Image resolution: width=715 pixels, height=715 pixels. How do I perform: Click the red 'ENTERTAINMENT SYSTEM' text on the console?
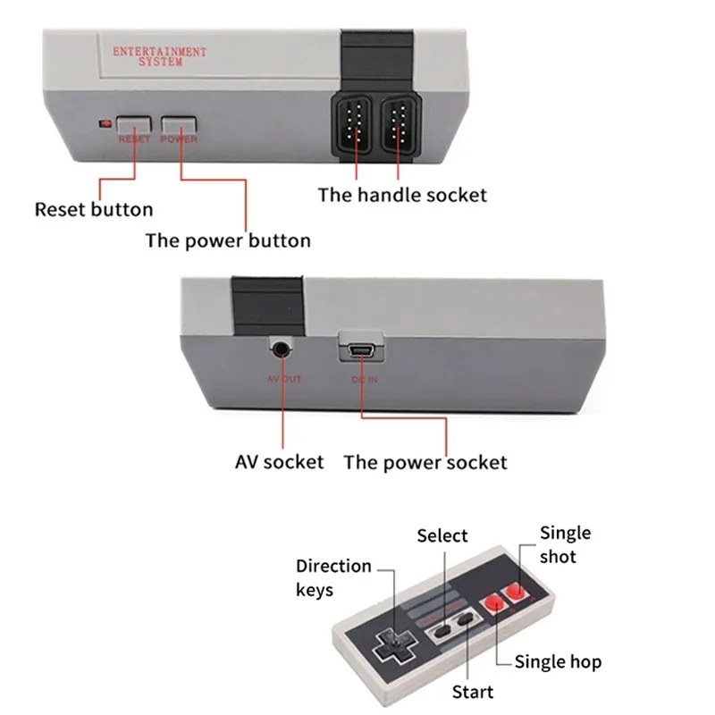160,56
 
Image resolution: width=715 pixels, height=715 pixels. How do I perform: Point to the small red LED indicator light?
106,123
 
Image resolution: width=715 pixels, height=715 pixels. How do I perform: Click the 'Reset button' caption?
94,210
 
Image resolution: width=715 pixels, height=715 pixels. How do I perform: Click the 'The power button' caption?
228,240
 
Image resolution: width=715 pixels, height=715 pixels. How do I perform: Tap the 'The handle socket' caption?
402,194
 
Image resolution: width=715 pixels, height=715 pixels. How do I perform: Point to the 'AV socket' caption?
279,462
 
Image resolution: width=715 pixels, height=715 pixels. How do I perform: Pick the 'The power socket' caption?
425,462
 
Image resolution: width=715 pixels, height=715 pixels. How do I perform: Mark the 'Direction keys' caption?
333,577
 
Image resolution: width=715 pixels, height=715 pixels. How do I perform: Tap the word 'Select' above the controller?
442,536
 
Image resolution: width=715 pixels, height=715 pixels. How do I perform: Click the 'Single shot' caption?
565,544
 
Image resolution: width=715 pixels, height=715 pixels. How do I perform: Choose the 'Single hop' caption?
558,662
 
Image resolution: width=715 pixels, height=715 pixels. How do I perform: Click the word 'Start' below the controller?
473,692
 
